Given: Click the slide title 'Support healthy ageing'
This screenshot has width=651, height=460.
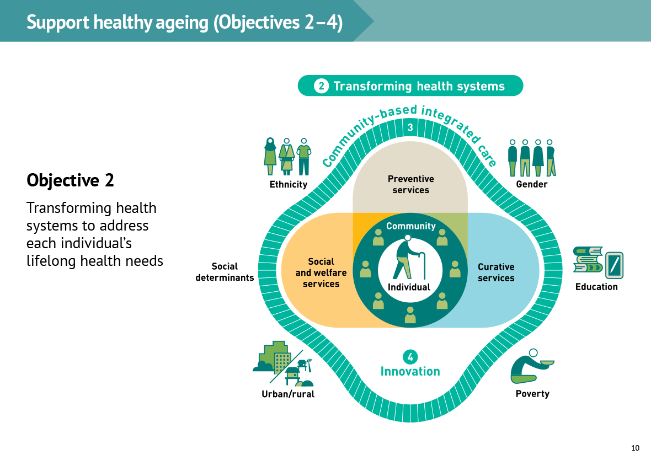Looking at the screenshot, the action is click(118, 22).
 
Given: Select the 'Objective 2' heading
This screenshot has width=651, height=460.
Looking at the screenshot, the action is click(70, 180).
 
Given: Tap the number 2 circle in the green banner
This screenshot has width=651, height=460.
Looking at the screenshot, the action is click(321, 86).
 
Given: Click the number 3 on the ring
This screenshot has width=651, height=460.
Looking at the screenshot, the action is click(410, 127).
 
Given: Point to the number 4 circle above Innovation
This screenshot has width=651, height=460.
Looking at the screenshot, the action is click(410, 357).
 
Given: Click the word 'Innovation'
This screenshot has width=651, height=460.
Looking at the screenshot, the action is click(410, 371).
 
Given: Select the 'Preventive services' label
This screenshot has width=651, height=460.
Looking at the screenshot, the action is click(410, 184).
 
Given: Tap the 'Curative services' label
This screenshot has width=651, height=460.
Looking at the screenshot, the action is click(496, 272).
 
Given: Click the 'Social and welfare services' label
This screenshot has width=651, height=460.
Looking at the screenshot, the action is click(321, 273).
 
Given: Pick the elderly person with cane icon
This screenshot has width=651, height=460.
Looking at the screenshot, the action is click(409, 258).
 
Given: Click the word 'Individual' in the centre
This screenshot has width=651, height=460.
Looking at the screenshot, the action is click(409, 287).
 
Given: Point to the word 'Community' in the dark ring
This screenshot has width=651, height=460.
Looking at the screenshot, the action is click(411, 226).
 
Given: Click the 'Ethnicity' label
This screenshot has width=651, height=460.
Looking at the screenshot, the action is click(289, 184).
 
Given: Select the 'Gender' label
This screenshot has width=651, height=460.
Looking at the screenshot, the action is click(532, 184).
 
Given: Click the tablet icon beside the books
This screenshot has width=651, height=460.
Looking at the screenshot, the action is click(615, 265).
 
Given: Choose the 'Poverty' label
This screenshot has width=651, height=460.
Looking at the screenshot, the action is click(532, 394).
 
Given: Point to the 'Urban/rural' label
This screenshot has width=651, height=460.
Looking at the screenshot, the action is click(288, 394).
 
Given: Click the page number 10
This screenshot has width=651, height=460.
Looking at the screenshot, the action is click(635, 448).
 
